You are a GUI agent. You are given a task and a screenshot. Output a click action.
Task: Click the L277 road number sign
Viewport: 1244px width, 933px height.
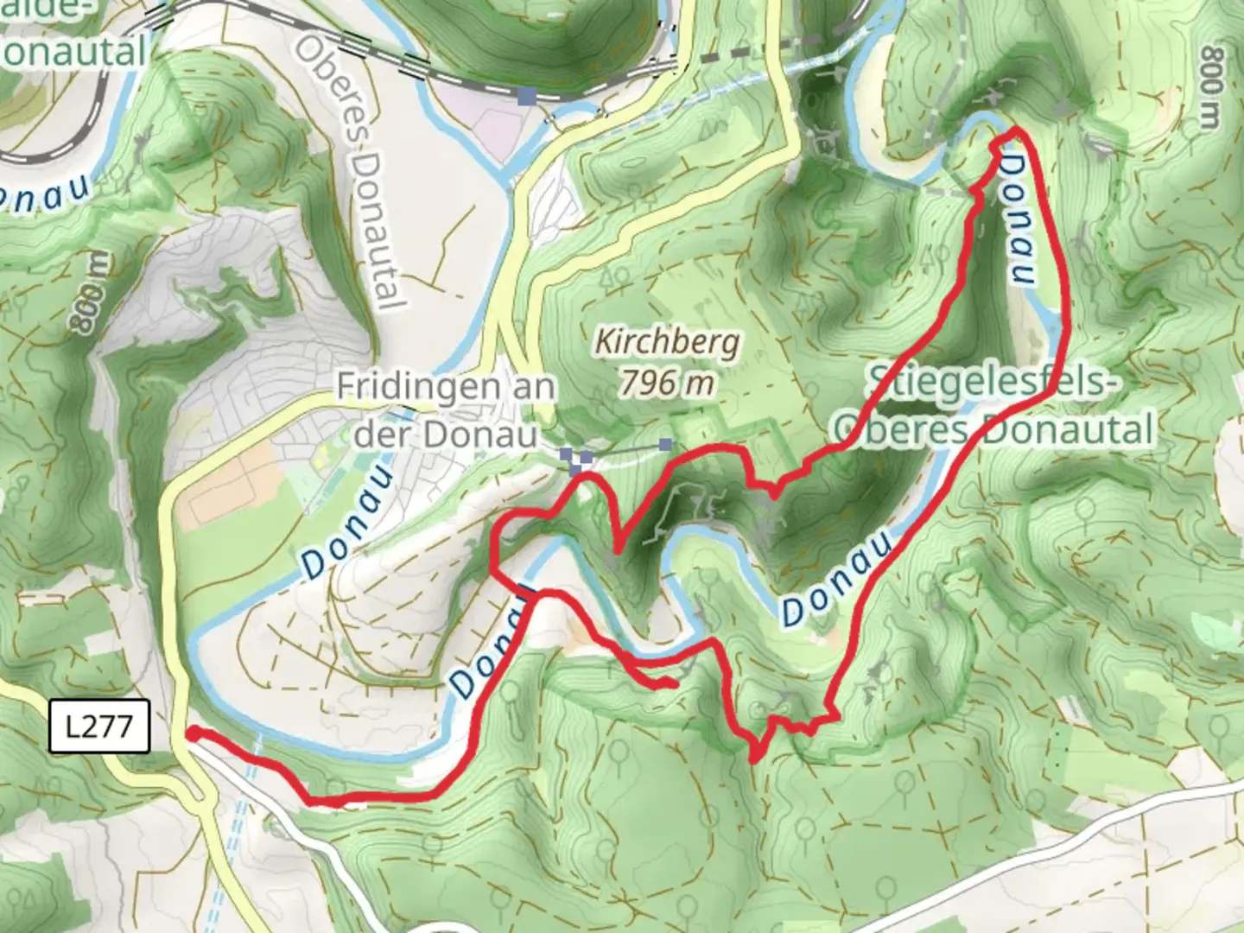click(99, 727)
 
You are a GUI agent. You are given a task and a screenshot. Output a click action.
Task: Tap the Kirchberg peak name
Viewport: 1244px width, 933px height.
click(667, 343)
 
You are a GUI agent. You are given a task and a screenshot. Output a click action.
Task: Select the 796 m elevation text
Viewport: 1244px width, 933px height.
click(667, 382)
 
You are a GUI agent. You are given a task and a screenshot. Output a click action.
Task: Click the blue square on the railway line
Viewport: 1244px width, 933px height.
click(526, 95)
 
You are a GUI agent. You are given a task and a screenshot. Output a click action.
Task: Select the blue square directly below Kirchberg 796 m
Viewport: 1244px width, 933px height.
click(664, 445)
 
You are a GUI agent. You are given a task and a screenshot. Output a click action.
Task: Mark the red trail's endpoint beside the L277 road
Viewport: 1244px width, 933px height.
click(192, 733)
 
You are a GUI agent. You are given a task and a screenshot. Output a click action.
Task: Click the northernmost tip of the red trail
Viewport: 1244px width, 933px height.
click(1013, 131)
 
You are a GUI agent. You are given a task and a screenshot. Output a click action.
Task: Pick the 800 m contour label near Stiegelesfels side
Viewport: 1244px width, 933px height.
click(1211, 86)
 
